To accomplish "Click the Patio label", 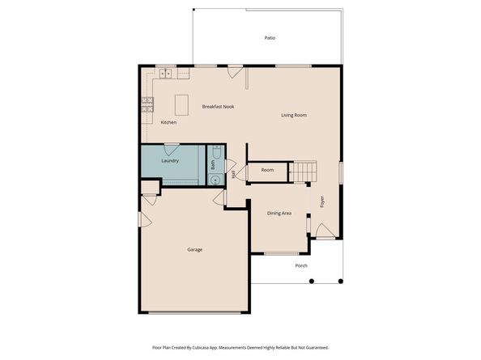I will (x=270, y=38).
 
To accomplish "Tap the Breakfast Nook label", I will (x=218, y=106).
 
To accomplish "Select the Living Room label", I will (x=293, y=115).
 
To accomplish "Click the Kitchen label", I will (x=168, y=122).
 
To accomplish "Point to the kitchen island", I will (x=182, y=104).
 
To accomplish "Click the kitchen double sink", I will (x=165, y=74).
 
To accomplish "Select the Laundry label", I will (x=170, y=160).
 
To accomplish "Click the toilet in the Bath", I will (x=216, y=152).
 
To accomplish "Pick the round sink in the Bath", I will (x=215, y=180).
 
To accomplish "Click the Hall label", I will (x=234, y=173).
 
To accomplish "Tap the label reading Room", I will (x=267, y=170).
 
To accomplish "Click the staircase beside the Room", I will (x=303, y=171).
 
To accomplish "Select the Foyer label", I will (x=321, y=201).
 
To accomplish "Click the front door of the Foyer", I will (x=323, y=233).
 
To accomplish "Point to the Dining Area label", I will (x=279, y=213).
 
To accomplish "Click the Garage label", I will (x=194, y=249).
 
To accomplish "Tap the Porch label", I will (x=300, y=265).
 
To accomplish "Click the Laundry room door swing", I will (x=172, y=149).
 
